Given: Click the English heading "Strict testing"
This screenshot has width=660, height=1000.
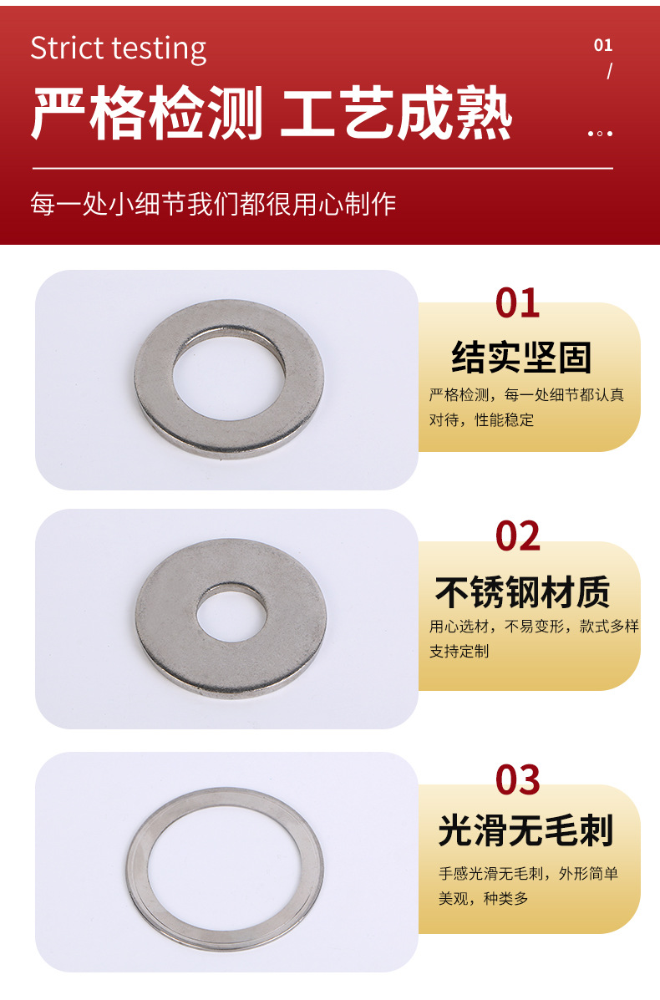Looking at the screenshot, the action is tap(119, 49).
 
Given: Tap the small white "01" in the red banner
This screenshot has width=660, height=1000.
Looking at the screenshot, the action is tap(602, 45).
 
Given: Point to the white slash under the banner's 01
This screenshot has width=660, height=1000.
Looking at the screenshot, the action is tap(610, 71).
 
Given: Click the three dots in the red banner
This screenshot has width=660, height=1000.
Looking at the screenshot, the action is tap(600, 134).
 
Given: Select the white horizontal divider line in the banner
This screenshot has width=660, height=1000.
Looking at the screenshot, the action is tap(322, 169).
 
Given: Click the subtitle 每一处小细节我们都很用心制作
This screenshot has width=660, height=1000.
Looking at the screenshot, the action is tap(214, 204).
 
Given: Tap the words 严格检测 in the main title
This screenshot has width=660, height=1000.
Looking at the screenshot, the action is tap(147, 114).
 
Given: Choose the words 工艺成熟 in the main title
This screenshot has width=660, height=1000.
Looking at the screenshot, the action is tap(396, 114).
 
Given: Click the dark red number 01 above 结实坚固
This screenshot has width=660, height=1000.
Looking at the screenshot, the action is tap(517, 303).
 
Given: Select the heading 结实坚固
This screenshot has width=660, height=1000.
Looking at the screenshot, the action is tap(521, 358).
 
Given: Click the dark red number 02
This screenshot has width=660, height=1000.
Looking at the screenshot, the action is tap(517, 536).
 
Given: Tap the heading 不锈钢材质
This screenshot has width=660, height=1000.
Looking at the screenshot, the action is tap(522, 592).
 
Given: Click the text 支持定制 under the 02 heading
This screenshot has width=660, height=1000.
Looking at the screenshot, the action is tap(459, 651).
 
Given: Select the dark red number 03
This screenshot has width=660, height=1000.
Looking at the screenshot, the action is tap(517, 780).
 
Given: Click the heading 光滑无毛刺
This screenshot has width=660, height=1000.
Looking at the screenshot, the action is tap(525, 831).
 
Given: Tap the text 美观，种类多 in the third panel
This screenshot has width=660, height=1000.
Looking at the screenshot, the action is tap(484, 899).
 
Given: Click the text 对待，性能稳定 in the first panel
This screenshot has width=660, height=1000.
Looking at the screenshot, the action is tap(481, 419).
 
